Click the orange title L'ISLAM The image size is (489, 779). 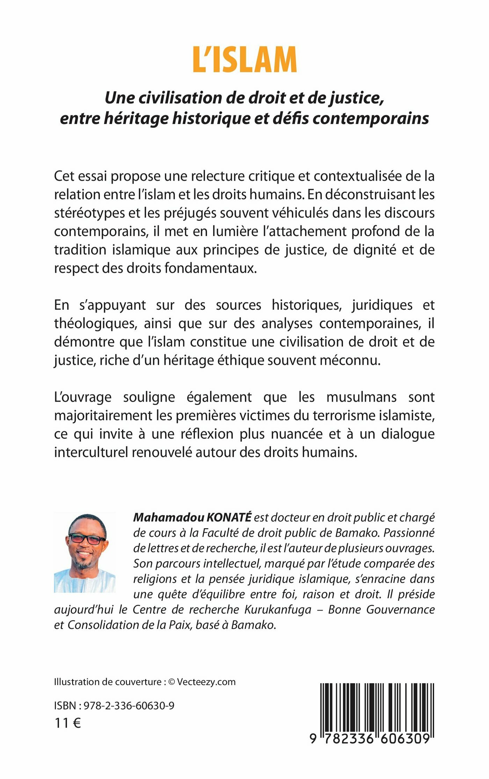coord(245,59)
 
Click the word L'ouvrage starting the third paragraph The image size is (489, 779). coord(83,397)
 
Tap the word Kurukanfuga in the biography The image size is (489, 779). coord(278,609)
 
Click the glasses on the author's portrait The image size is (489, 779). coord(87,538)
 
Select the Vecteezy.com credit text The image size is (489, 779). coord(206,682)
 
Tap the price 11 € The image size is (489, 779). coord(68,723)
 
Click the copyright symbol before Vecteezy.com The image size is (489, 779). coord(171,682)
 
